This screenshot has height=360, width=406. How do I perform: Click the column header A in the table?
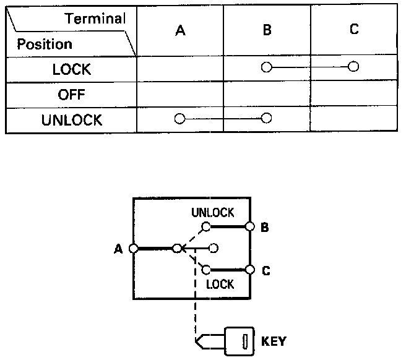click(x=180, y=30)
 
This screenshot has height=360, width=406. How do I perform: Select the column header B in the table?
click(x=267, y=30)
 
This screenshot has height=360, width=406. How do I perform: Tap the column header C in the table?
click(x=354, y=29)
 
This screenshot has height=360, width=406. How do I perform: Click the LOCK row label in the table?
click(x=71, y=69)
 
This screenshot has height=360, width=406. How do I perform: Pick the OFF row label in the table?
click(x=71, y=95)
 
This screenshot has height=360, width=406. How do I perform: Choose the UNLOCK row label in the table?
click(x=71, y=120)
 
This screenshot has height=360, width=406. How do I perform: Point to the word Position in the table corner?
click(x=45, y=45)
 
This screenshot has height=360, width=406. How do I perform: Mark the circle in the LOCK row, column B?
click(x=266, y=67)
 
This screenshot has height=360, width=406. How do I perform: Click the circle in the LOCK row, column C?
click(x=353, y=67)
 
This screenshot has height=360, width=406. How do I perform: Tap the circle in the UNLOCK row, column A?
click(x=179, y=118)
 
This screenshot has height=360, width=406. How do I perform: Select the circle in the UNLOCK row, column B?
click(x=266, y=118)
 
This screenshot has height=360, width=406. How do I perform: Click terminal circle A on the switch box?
click(x=133, y=249)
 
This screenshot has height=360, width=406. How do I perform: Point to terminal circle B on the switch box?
click(x=250, y=227)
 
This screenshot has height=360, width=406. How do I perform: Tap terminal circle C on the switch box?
click(x=250, y=270)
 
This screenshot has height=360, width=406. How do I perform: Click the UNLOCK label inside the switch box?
click(x=213, y=213)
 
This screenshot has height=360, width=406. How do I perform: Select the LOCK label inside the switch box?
click(x=220, y=285)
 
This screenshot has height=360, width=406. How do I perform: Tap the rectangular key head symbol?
click(x=238, y=341)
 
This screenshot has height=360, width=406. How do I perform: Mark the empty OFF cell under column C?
click(x=353, y=95)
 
